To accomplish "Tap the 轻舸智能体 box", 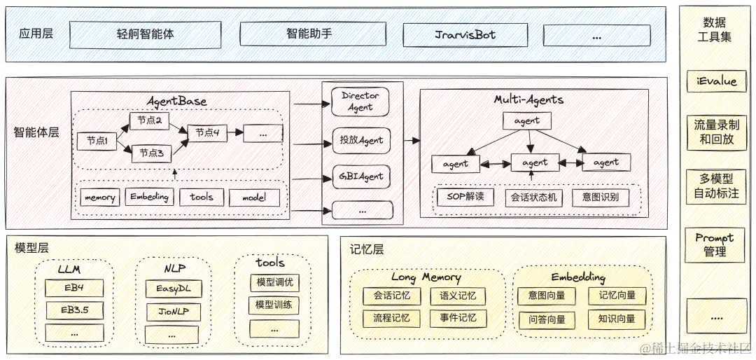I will click(145, 34).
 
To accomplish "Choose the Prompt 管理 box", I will click(715, 245).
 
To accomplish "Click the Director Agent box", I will click(360, 102).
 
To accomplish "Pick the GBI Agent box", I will click(360, 176).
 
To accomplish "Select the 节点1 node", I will click(96, 141).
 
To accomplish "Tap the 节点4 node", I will click(207, 132).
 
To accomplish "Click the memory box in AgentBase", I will click(99, 198).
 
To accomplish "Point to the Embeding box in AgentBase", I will click(149, 198).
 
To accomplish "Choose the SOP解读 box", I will click(465, 197).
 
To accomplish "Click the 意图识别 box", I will click(600, 198).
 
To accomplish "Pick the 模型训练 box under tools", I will click(274, 305).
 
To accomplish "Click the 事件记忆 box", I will click(458, 318).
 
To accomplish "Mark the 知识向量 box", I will click(617, 319).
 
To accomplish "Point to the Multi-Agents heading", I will click(528, 99).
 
